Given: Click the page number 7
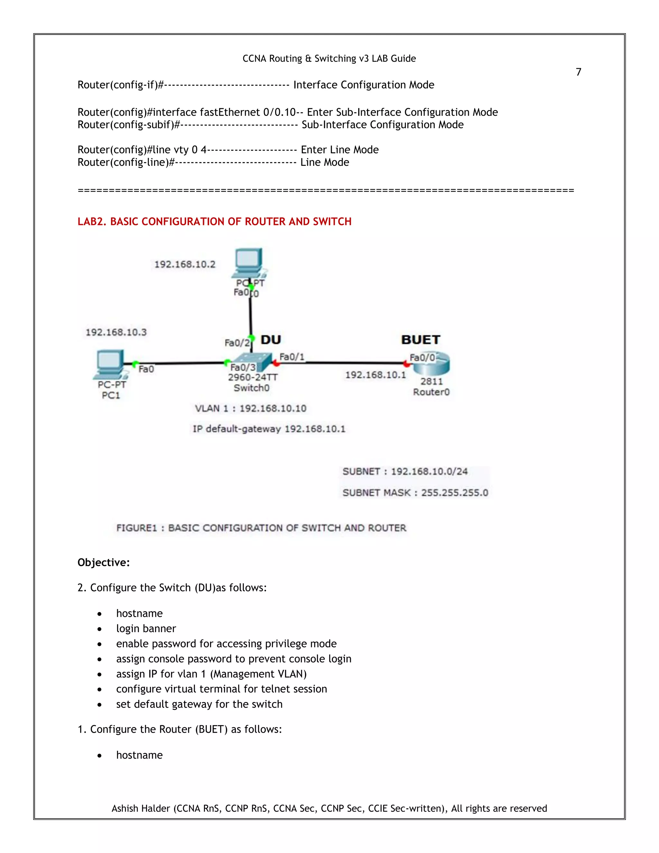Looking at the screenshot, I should [x=578, y=72].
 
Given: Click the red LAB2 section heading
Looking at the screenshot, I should [x=214, y=221].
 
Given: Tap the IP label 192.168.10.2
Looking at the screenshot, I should [x=185, y=264].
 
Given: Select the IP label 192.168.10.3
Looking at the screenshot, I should [x=116, y=333].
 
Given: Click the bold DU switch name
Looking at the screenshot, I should [x=271, y=340].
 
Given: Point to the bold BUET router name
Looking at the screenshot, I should [x=421, y=340].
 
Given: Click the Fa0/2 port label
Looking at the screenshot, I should [x=237, y=343].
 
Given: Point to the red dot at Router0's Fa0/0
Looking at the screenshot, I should [x=406, y=364].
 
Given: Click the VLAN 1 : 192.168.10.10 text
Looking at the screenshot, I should [x=251, y=408].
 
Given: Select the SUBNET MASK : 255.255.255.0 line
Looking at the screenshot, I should [x=415, y=493].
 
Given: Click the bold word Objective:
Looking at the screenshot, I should [x=104, y=562].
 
